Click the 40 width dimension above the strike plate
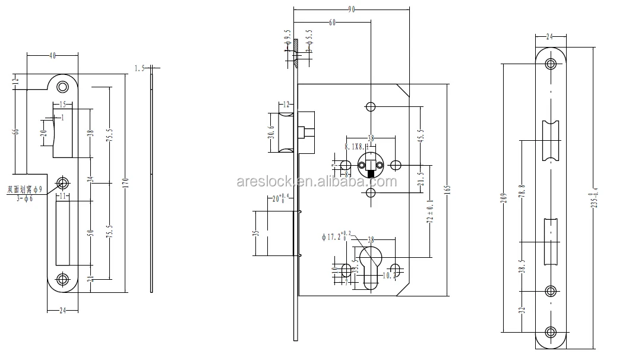52,55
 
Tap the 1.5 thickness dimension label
140,69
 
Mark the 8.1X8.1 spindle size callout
355,146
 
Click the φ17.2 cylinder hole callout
336,236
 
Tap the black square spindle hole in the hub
371,174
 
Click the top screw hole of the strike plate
62,87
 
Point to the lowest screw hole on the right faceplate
551,333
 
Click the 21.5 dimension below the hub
421,179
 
